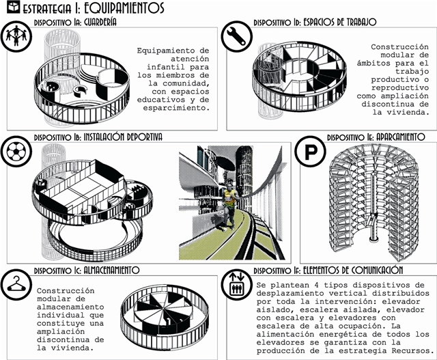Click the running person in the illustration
click(231, 198)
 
